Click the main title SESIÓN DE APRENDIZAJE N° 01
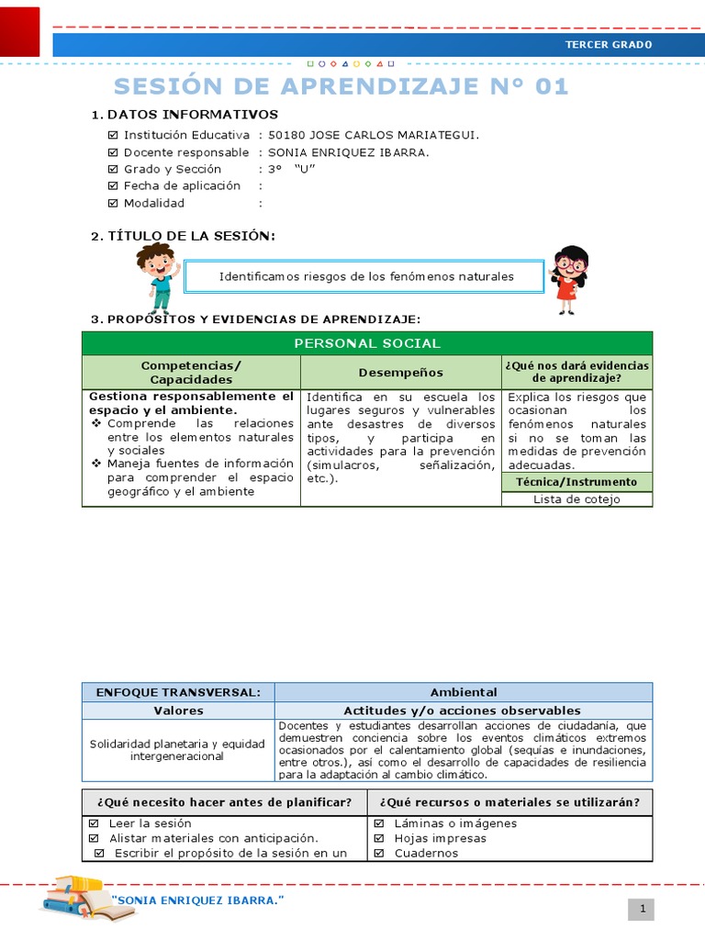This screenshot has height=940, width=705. [341, 86]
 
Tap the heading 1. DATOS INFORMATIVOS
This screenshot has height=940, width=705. [185, 115]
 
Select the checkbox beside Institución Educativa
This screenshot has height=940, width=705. [113, 136]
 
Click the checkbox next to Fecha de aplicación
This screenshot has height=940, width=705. [113, 186]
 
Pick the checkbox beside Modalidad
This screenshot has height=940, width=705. [113, 204]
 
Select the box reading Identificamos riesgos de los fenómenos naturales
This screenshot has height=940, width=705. [366, 276]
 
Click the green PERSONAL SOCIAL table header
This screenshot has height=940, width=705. [366, 343]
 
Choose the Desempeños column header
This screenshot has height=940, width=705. [400, 373]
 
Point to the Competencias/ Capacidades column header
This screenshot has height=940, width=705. [191, 373]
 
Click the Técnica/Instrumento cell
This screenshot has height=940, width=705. [576, 482]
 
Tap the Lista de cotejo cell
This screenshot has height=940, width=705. [576, 499]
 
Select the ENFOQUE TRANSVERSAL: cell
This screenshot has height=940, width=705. [178, 692]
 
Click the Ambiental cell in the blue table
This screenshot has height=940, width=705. [464, 692]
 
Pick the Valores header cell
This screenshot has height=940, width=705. [178, 711]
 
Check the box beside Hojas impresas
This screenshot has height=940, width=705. [379, 838]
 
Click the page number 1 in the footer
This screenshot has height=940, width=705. [643, 909]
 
